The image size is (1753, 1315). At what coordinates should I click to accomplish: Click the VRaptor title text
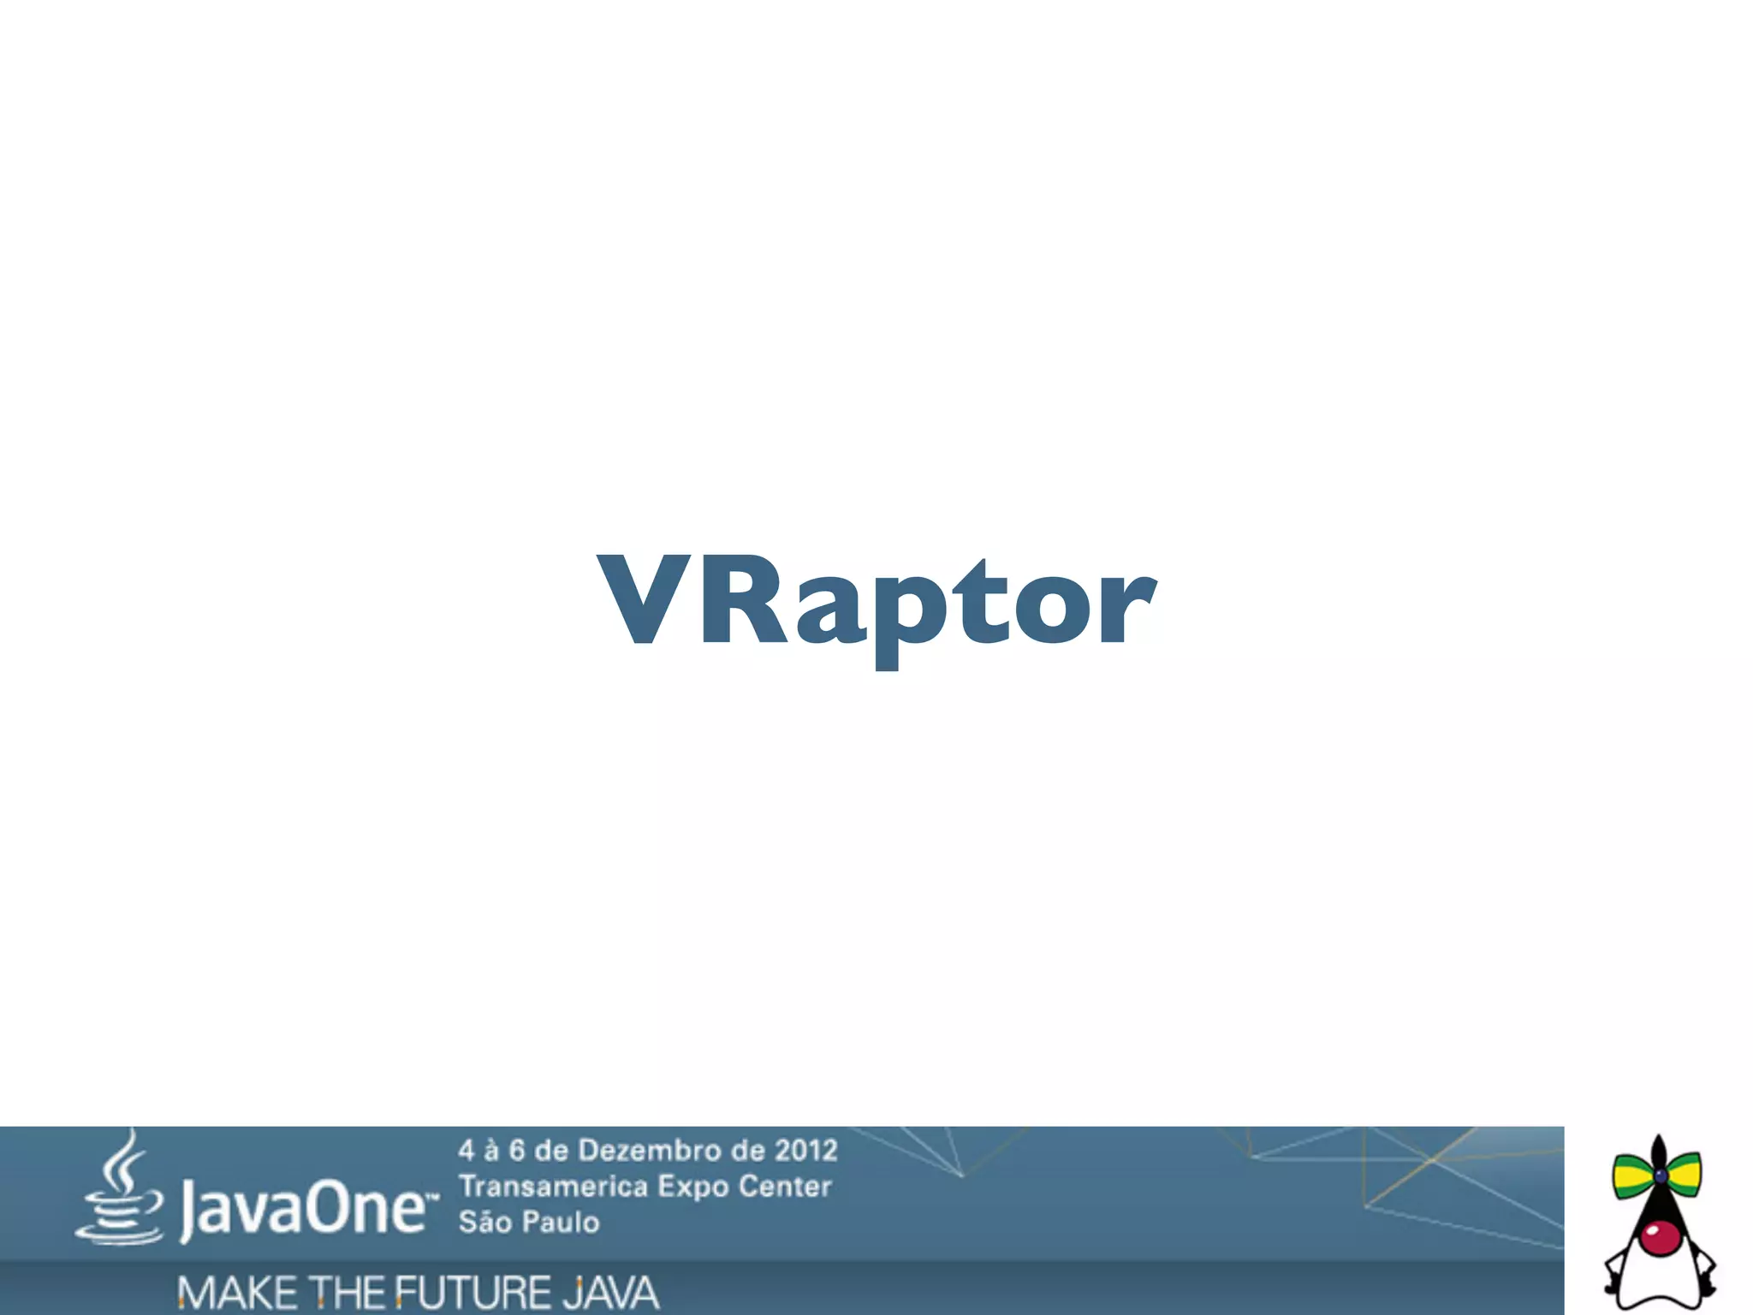coord(876,603)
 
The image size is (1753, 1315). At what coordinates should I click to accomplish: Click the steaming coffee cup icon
coord(120,1190)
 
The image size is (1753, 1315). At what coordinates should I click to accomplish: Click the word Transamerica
coord(553,1187)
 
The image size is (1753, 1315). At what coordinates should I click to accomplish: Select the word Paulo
coord(562,1222)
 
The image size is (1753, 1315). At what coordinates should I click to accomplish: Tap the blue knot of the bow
coord(1660,1175)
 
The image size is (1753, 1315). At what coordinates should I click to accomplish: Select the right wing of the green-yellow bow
coord(1683,1175)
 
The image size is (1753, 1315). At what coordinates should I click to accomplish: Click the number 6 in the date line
coord(517,1150)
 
